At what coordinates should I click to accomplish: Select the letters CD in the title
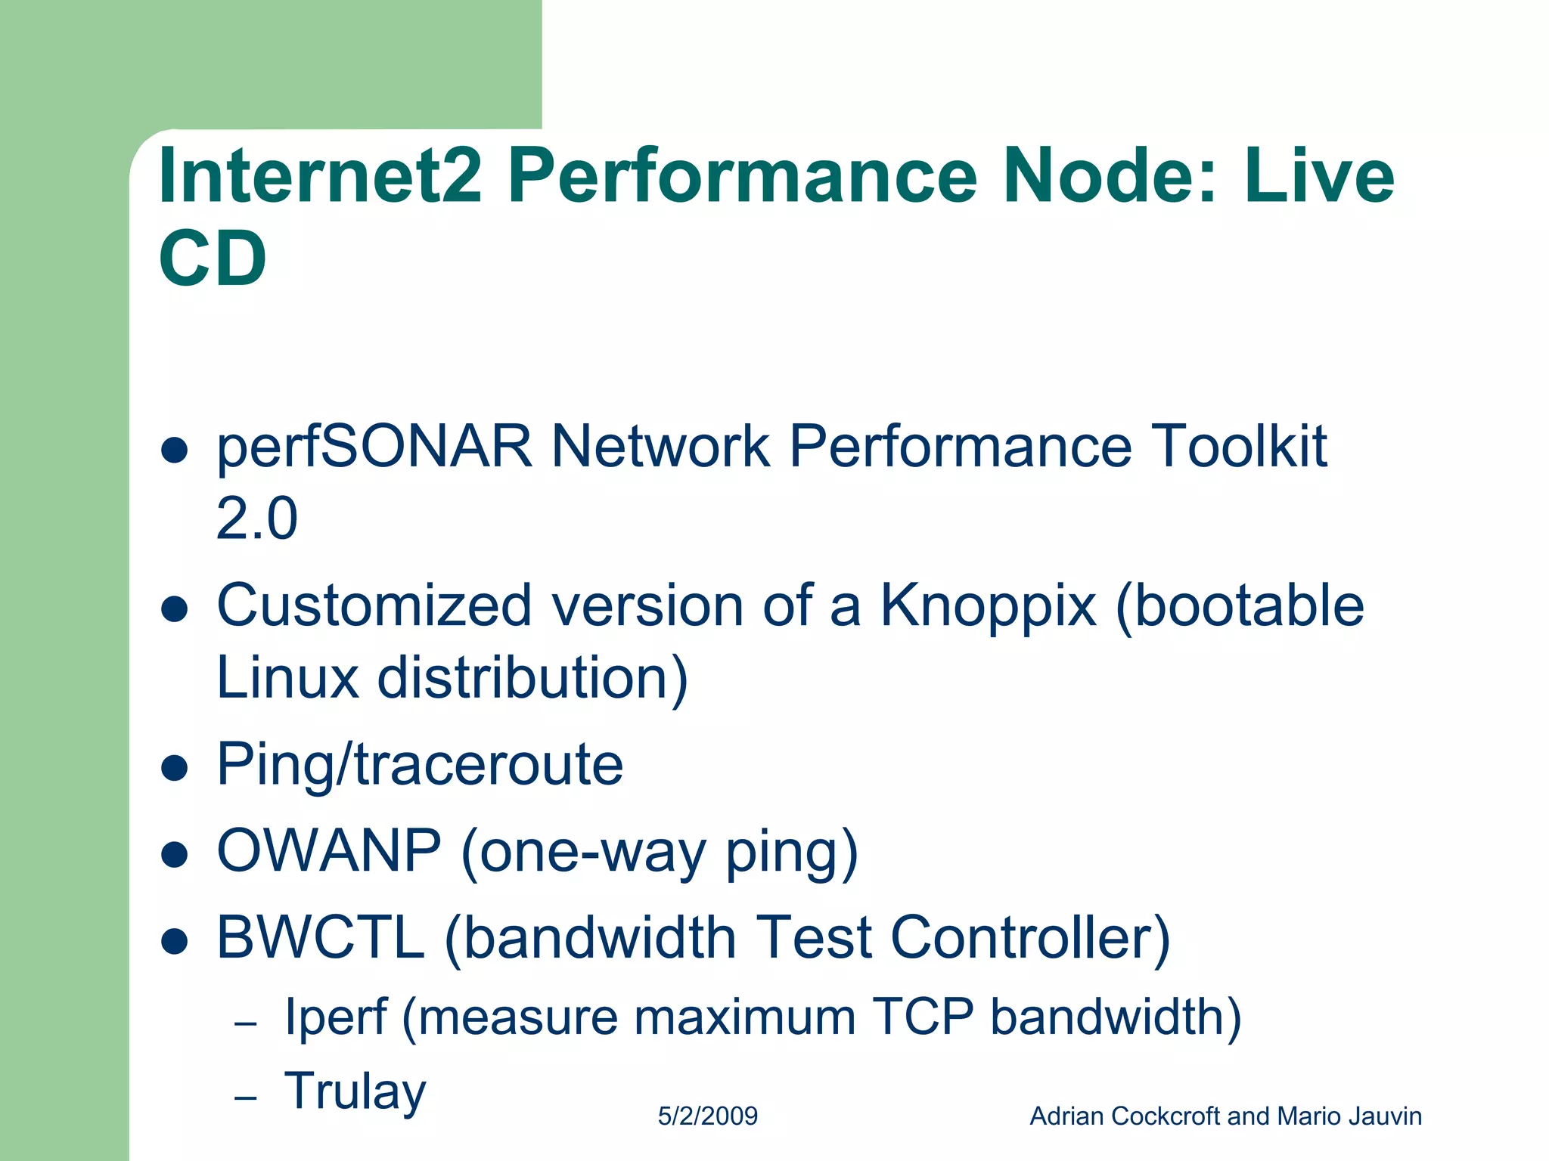[213, 259]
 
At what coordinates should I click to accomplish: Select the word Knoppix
[988, 606]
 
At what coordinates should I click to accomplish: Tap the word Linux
[287, 677]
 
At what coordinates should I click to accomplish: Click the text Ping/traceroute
[420, 765]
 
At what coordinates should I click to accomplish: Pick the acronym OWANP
[329, 851]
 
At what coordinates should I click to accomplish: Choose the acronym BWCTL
[321, 937]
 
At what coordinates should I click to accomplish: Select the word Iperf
[335, 1017]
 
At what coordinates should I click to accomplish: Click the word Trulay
[355, 1091]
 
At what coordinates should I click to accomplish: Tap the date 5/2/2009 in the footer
[707, 1116]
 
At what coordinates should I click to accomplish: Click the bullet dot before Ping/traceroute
[175, 768]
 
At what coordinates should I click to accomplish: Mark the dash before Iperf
[246, 1024]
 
